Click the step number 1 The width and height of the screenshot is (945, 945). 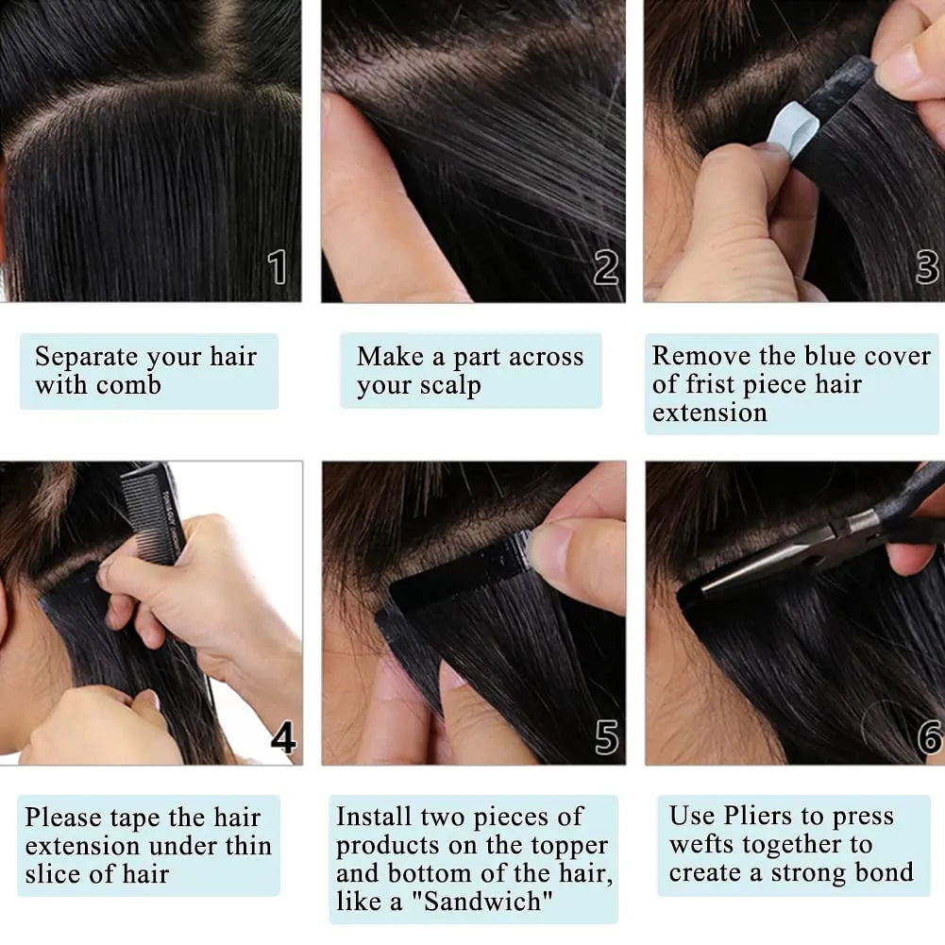[277, 267]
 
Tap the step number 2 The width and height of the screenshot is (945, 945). [605, 268]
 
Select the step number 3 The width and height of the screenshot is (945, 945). [927, 267]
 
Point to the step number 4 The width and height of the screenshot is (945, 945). [283, 736]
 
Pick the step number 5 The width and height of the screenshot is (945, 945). [606, 736]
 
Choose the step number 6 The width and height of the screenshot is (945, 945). [929, 737]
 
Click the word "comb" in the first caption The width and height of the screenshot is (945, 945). [130, 386]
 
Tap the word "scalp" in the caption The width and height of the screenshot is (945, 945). [452, 386]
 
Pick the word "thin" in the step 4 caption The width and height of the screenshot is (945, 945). [247, 846]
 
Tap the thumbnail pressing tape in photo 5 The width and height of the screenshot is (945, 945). [548, 552]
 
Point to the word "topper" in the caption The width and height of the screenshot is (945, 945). [570, 846]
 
